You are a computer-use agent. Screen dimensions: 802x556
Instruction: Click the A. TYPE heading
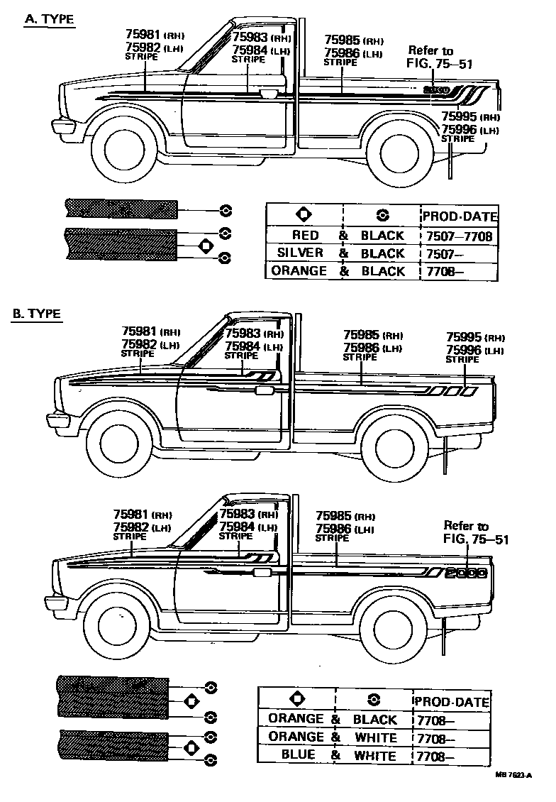pyautogui.click(x=49, y=19)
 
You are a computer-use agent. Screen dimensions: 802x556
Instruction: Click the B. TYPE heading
pyautogui.click(x=36, y=313)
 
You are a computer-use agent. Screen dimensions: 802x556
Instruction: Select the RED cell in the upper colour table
pyautogui.click(x=305, y=235)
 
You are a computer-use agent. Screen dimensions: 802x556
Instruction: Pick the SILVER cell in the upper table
pyautogui.click(x=301, y=253)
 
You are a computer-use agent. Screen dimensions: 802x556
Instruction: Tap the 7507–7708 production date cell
pyautogui.click(x=459, y=235)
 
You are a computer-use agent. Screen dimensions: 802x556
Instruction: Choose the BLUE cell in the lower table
pyautogui.click(x=299, y=755)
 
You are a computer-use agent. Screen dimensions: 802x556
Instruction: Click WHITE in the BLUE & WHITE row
pyautogui.click(x=375, y=755)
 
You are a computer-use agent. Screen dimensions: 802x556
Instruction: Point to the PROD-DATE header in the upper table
pyautogui.click(x=460, y=216)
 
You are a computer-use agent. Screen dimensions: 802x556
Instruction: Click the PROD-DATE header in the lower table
pyautogui.click(x=452, y=701)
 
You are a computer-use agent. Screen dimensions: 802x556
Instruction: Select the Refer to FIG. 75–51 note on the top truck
pyautogui.click(x=439, y=57)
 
